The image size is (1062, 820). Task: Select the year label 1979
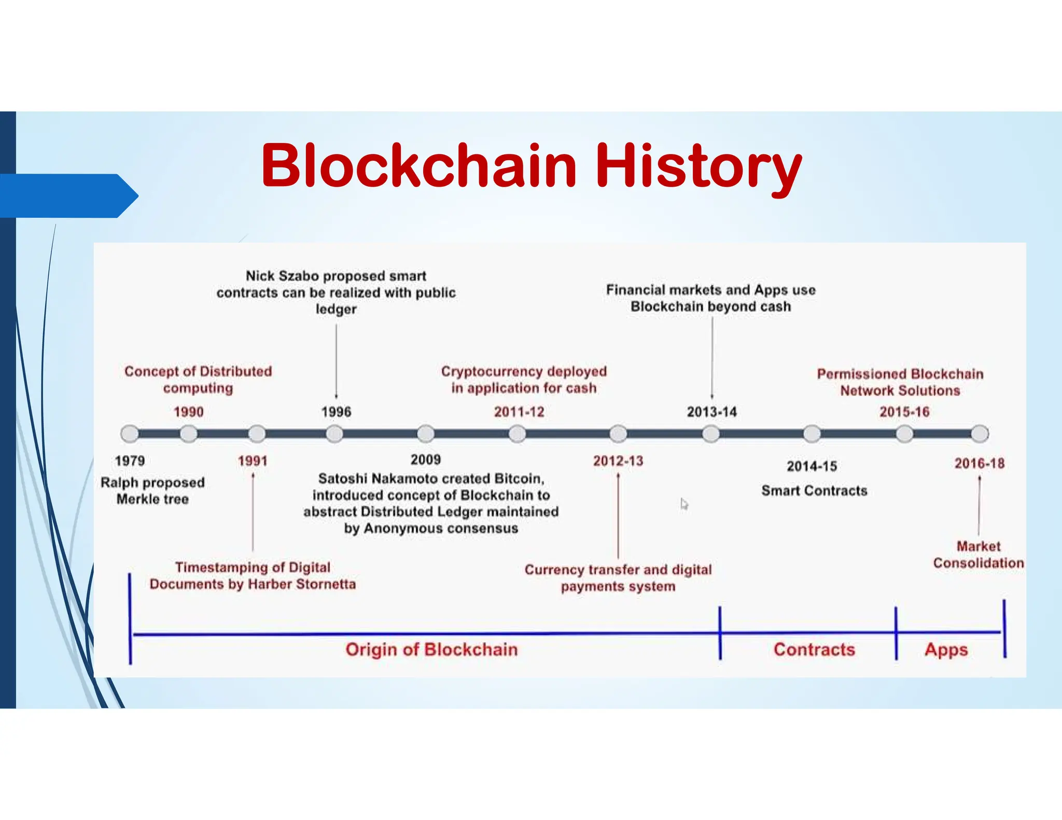click(x=130, y=461)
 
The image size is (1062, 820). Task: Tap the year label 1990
click(x=188, y=412)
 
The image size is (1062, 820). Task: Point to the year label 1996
click(x=336, y=412)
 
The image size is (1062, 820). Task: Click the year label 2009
click(x=426, y=460)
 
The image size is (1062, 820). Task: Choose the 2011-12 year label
click(x=519, y=412)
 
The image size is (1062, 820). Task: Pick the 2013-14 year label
click(x=711, y=412)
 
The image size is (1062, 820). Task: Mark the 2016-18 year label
click(x=980, y=463)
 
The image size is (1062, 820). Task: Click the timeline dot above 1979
click(x=130, y=433)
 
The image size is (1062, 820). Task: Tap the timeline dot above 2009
click(x=426, y=433)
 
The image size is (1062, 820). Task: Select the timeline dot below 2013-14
click(x=711, y=434)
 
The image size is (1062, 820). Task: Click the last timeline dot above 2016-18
click(x=980, y=434)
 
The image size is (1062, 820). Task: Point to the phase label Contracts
click(x=814, y=649)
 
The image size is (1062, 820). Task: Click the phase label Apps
click(x=946, y=649)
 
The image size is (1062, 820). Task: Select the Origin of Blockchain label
click(x=431, y=649)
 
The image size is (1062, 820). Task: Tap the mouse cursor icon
click(x=684, y=504)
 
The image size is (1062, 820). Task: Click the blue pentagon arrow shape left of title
click(x=67, y=196)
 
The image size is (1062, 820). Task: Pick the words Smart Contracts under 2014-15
click(x=814, y=491)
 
